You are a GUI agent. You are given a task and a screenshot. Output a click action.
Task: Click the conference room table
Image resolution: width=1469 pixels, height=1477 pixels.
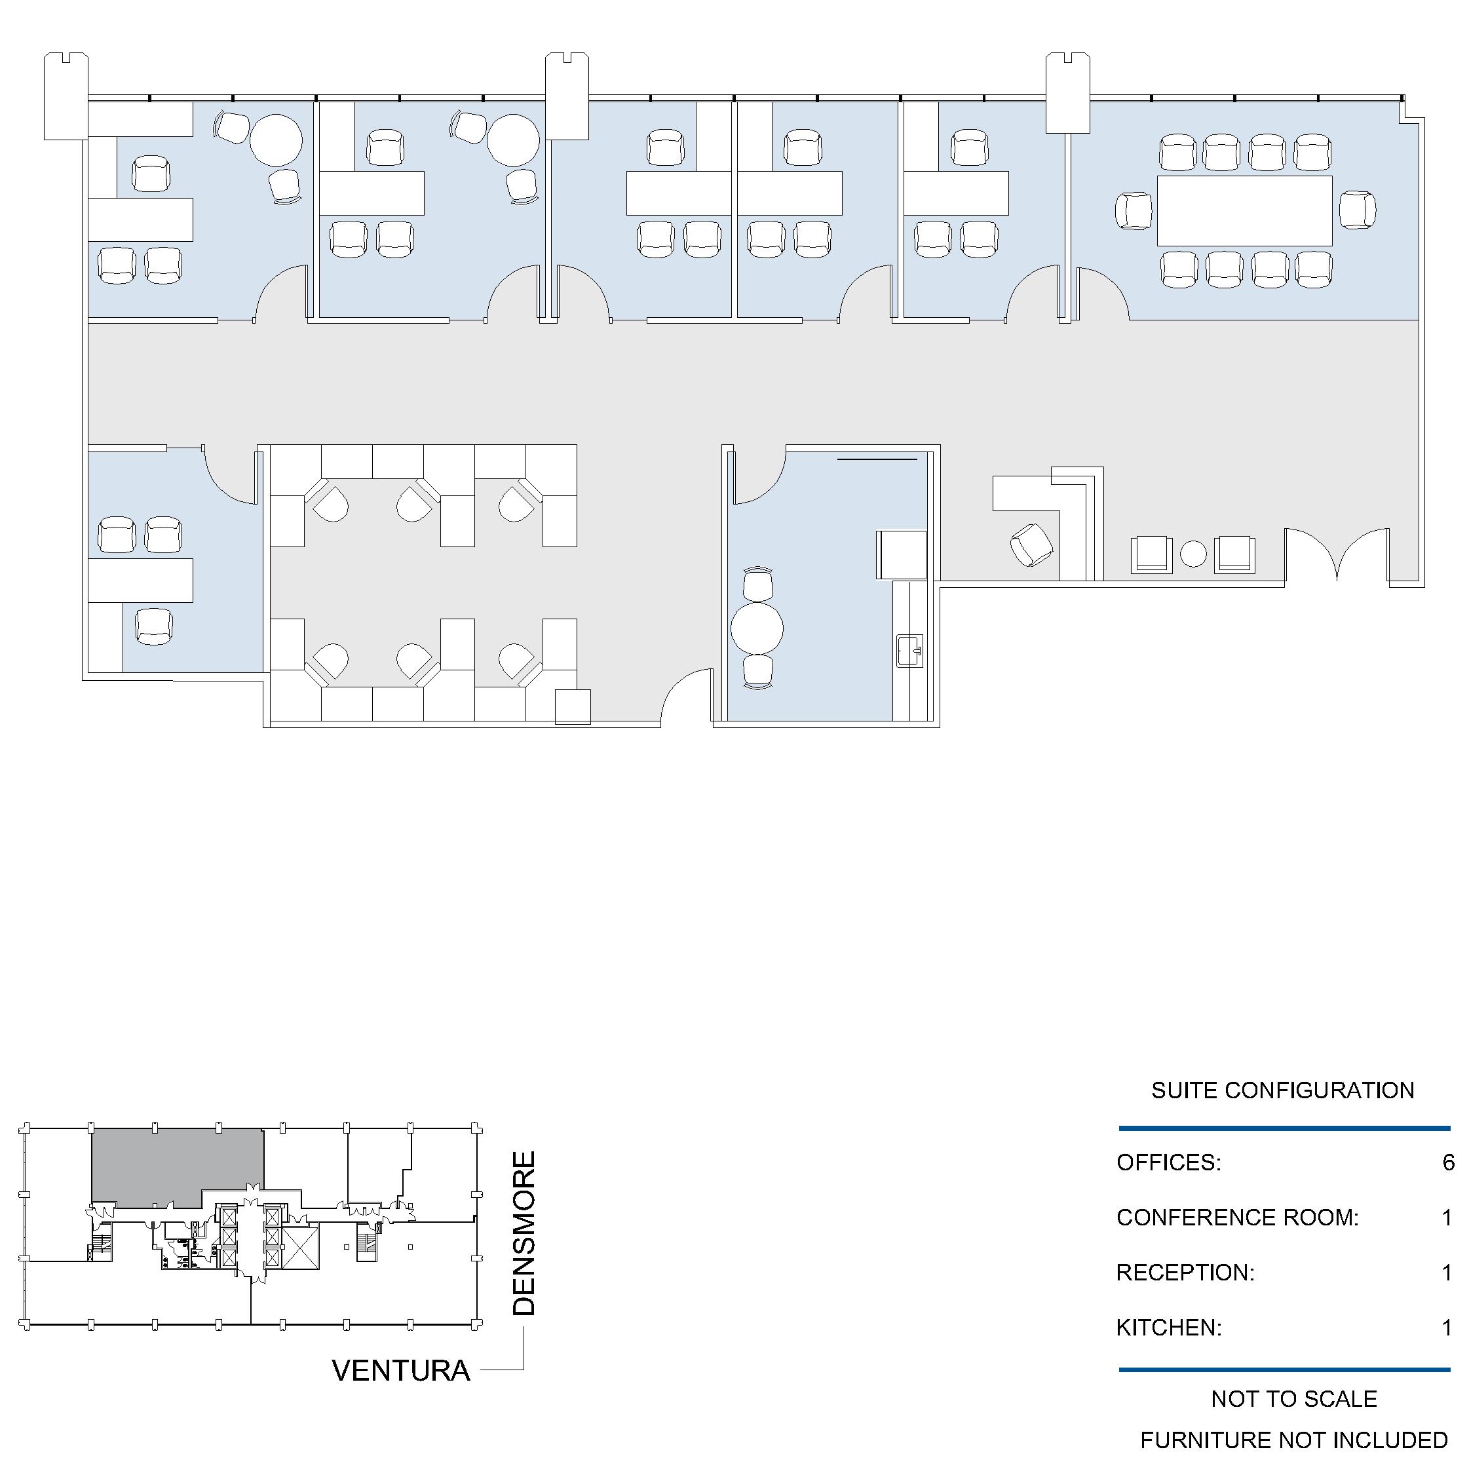(x=1244, y=211)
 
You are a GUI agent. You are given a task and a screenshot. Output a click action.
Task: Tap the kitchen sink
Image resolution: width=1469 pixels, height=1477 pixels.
(x=909, y=651)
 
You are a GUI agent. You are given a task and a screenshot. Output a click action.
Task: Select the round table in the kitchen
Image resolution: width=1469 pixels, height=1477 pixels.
(x=757, y=628)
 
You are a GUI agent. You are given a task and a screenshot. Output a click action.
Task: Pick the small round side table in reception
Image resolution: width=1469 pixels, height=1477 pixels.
(x=1193, y=554)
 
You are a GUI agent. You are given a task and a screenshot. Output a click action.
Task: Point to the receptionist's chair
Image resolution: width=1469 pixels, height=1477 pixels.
(x=1031, y=545)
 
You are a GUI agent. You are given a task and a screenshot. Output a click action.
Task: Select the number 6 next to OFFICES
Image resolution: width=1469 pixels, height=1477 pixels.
(x=1447, y=1162)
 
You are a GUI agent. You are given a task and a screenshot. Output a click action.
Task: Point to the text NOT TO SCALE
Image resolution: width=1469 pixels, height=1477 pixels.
(x=1294, y=1398)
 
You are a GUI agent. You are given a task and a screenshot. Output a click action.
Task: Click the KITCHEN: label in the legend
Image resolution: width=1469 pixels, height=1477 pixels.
(x=1169, y=1327)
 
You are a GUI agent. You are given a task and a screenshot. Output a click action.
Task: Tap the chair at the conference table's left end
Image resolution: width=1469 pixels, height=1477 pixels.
(x=1133, y=210)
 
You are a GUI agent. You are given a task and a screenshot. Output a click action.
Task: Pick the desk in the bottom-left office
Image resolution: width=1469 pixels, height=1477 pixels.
(x=141, y=581)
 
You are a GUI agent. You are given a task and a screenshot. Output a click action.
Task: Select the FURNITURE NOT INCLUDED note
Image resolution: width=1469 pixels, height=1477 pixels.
(x=1294, y=1440)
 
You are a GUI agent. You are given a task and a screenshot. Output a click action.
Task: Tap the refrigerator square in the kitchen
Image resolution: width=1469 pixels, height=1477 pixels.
(x=901, y=554)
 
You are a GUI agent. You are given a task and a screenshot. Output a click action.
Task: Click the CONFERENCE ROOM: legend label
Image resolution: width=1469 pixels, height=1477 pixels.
(x=1238, y=1217)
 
